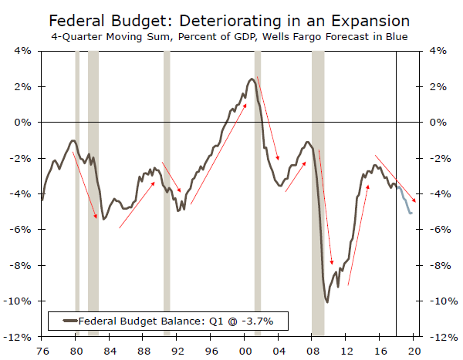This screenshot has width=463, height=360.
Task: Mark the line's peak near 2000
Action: (x=252, y=79)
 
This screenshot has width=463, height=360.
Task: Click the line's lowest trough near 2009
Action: (x=327, y=301)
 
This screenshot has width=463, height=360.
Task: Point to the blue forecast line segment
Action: (x=406, y=202)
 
